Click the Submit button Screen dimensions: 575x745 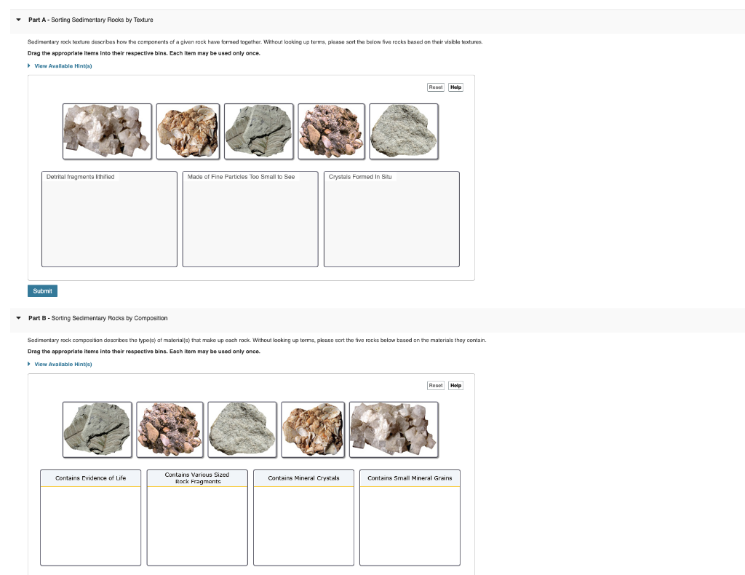pyautogui.click(x=42, y=290)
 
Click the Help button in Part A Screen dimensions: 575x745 pyautogui.click(x=455, y=87)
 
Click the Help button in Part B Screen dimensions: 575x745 pyautogui.click(x=455, y=386)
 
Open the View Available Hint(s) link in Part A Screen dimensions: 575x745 pyautogui.click(x=63, y=66)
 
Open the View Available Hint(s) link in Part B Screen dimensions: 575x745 pyautogui.click(x=63, y=364)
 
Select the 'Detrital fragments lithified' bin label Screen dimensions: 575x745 pyautogui.click(x=80, y=177)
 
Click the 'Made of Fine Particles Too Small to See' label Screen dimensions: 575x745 pyautogui.click(x=241, y=177)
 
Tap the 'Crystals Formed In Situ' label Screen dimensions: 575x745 pyautogui.click(x=360, y=177)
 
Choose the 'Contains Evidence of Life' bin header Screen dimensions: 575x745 pyautogui.click(x=90, y=478)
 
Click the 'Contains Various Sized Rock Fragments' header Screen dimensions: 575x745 pyautogui.click(x=197, y=478)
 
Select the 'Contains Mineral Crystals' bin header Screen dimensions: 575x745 pyautogui.click(x=303, y=478)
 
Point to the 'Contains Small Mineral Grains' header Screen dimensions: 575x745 pyautogui.click(x=410, y=478)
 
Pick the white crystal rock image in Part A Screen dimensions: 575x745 pyautogui.click(x=108, y=131)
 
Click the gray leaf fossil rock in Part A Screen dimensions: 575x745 pyautogui.click(x=258, y=131)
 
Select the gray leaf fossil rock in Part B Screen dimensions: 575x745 pyautogui.click(x=97, y=429)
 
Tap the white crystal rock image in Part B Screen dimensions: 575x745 pyautogui.click(x=394, y=429)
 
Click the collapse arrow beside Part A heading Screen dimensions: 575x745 pyautogui.click(x=18, y=20)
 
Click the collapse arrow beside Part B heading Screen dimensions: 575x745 pyautogui.click(x=18, y=318)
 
